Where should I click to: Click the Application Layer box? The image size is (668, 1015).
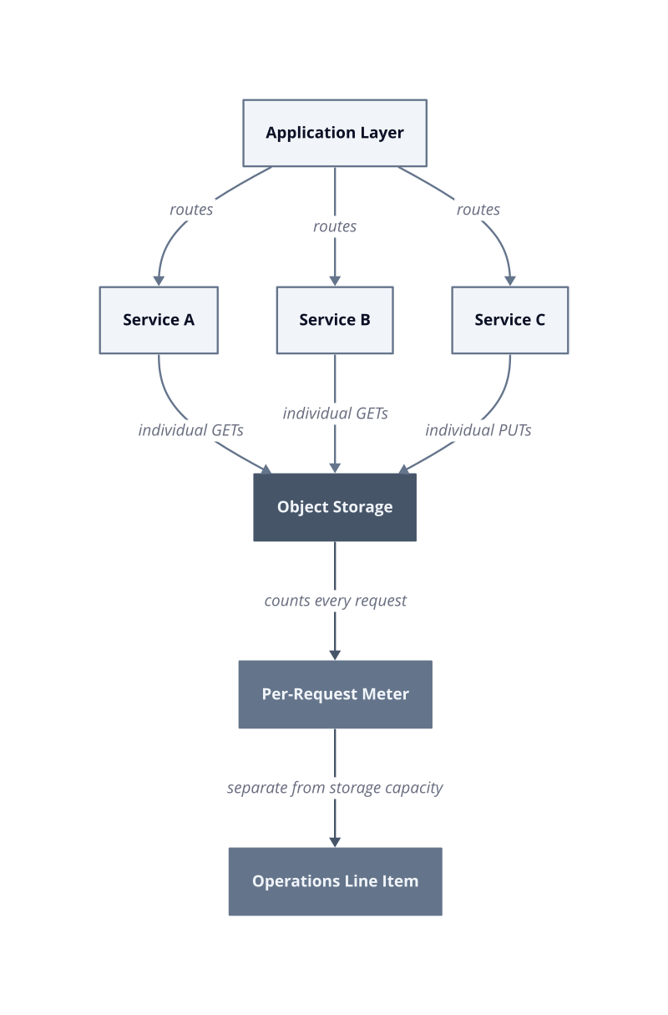[335, 133]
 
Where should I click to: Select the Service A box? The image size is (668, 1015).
[159, 320]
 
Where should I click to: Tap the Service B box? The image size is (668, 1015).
[335, 320]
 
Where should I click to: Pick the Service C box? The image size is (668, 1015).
[510, 320]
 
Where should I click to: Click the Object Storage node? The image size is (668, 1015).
[335, 507]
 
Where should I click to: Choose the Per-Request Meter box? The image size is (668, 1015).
[335, 694]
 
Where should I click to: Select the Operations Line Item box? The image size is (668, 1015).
[335, 881]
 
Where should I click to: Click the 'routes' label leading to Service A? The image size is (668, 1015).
[191, 210]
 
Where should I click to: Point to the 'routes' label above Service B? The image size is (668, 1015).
[335, 226]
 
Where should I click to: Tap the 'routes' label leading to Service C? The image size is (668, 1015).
[478, 210]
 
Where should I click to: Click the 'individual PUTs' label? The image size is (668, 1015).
[478, 430]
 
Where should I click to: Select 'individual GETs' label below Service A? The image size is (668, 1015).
[191, 430]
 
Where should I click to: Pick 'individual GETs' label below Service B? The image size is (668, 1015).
[335, 414]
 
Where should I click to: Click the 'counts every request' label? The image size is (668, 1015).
[335, 601]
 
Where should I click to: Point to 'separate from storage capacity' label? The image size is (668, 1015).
[335, 788]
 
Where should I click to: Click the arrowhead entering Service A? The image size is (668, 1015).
[159, 281]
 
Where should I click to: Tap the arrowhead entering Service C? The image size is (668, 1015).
[510, 281]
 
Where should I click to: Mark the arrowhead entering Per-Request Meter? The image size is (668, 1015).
[335, 655]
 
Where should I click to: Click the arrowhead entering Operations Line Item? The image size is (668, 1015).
[335, 842]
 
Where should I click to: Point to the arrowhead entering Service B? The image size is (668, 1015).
[335, 281]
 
